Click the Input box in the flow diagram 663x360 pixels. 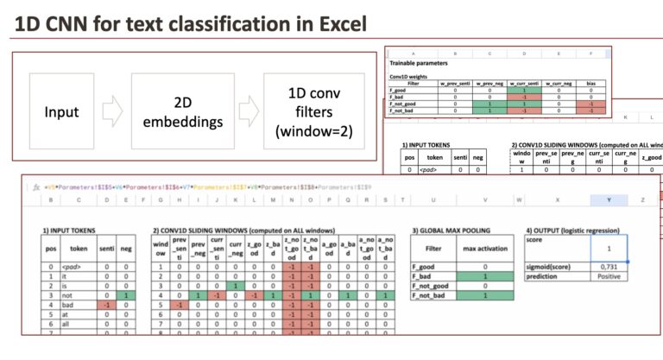pos(61,112)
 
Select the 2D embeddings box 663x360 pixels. pos(170,111)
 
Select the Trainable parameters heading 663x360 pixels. pos(420,63)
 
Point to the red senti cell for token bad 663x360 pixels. pos(105,306)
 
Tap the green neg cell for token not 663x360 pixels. pos(126,294)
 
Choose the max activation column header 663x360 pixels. pos(483,250)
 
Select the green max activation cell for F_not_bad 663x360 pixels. pos(483,296)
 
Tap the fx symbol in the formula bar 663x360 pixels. pos(36,186)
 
